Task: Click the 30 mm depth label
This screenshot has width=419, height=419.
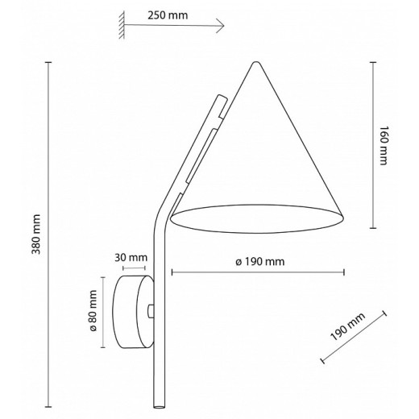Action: pyautogui.click(x=131, y=258)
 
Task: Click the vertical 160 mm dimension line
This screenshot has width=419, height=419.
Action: pyautogui.click(x=371, y=145)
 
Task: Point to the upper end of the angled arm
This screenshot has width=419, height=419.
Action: pyautogui.click(x=222, y=98)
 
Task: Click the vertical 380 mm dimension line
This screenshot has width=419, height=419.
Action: pyautogui.click(x=48, y=234)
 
